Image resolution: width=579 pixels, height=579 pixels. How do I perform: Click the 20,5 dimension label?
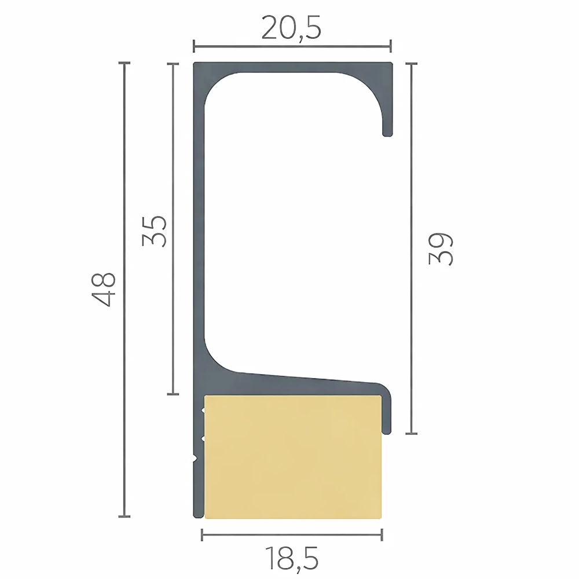(x=291, y=28)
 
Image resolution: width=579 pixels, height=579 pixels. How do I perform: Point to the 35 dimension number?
(x=154, y=230)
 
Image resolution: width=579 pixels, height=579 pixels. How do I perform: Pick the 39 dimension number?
(x=441, y=248)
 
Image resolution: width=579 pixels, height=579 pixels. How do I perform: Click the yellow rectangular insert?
(x=293, y=457)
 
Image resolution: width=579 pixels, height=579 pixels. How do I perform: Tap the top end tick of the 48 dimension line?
(x=124, y=64)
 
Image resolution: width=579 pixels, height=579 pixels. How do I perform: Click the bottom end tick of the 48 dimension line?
(x=124, y=516)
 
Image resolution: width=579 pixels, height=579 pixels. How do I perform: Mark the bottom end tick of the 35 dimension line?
(x=173, y=394)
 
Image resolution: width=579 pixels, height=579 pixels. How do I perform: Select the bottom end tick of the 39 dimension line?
(x=411, y=434)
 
